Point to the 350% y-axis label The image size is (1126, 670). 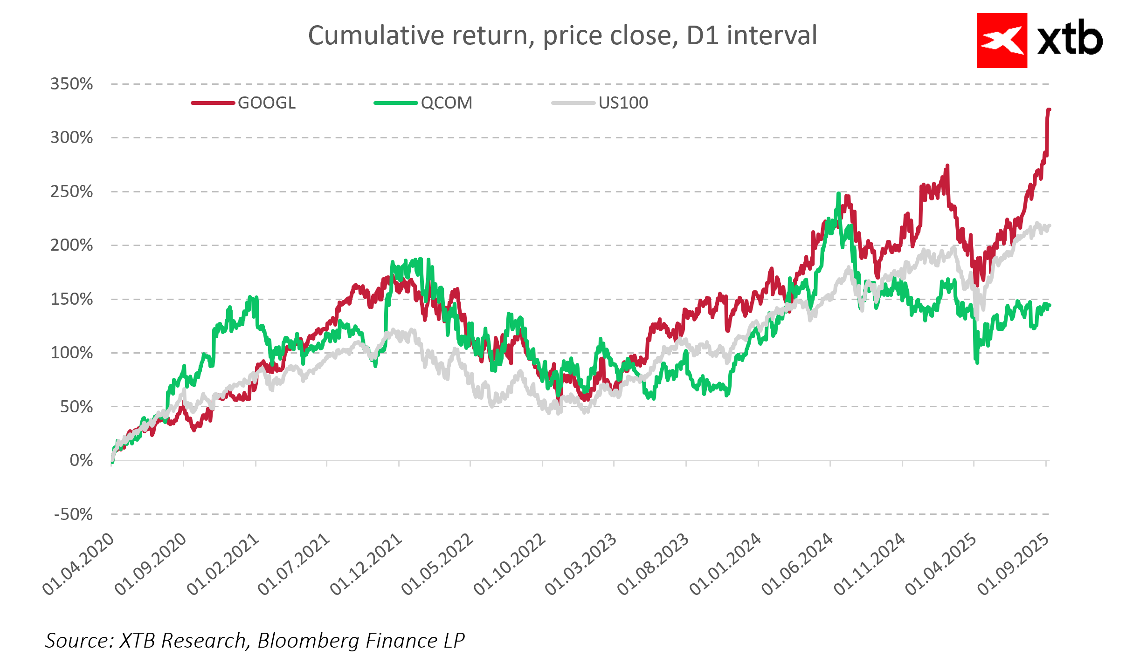(72, 84)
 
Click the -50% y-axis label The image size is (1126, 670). (74, 515)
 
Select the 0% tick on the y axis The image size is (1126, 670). (81, 461)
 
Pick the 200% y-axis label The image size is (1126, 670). (72, 246)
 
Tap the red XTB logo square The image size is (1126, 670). (1002, 41)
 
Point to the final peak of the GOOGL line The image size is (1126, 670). (1049, 109)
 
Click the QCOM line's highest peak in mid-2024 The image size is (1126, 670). (838, 193)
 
